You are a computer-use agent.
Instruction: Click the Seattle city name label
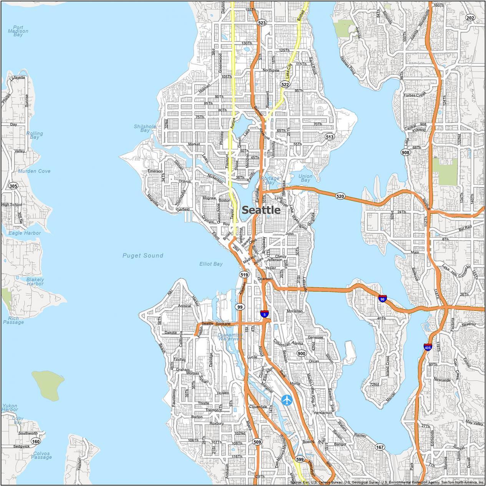[261, 210]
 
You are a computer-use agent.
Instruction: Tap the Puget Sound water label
[143, 255]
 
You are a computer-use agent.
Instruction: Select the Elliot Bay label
[211, 264]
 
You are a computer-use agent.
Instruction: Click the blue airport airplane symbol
[287, 400]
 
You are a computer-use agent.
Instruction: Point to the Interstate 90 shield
[382, 298]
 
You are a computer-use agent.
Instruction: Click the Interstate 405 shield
[428, 347]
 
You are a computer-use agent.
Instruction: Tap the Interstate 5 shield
[264, 314]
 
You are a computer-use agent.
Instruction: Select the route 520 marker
[340, 196]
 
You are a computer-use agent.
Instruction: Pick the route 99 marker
[240, 307]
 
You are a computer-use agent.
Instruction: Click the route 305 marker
[13, 186]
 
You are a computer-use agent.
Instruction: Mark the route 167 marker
[380, 447]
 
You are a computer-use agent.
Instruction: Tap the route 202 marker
[470, 18]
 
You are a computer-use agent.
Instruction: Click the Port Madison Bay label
[18, 31]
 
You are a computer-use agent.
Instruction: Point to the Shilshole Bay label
[145, 128]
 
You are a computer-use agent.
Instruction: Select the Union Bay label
[305, 178]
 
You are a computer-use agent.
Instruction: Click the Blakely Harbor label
[35, 282]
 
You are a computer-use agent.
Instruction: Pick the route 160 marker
[35, 441]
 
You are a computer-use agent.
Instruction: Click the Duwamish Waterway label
[230, 337]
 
